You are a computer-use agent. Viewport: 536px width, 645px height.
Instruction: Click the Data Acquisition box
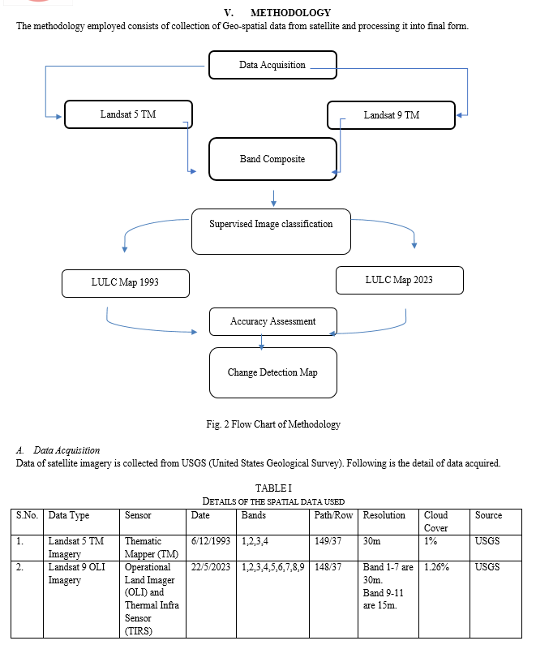272,65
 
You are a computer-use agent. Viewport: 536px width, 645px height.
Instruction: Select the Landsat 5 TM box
128,114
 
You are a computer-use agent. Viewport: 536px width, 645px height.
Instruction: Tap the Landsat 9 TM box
392,115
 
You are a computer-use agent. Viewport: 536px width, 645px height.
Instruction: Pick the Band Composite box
272,159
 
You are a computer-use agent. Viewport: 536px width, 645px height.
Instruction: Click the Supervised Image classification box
271,231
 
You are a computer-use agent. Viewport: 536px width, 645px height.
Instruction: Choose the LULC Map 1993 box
126,283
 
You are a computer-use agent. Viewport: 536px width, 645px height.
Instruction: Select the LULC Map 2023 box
400,280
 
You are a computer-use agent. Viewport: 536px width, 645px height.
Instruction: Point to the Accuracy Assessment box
273,321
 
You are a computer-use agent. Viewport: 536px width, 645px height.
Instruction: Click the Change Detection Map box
273,372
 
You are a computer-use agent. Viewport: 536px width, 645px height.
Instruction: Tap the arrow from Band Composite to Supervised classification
274,198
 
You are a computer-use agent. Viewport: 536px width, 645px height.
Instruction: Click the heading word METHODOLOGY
290,13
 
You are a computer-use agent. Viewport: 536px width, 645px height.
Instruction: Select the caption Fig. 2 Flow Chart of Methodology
273,424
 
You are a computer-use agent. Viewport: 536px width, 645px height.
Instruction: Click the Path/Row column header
333,515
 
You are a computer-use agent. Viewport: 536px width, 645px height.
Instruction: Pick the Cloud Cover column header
435,522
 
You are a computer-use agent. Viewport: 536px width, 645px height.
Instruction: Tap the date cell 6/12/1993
211,541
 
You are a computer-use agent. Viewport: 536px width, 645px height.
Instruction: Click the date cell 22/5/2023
211,567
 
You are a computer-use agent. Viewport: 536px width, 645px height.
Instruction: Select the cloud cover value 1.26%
436,567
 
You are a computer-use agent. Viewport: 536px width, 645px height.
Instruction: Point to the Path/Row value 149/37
328,541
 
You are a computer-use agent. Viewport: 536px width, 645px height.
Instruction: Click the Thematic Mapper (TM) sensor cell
152,548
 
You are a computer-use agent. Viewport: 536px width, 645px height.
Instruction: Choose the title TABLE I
273,488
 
